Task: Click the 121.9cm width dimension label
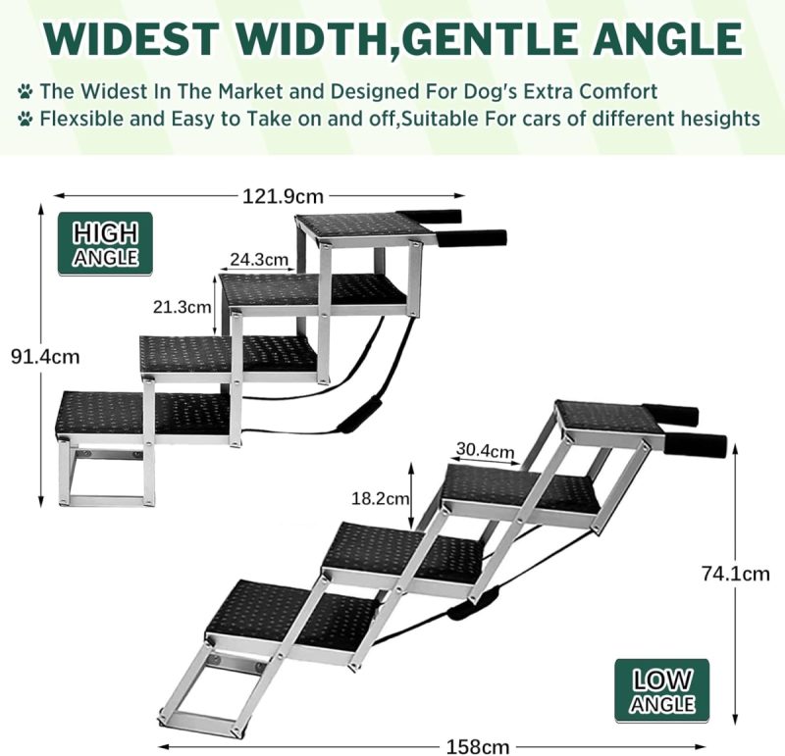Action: [283, 196]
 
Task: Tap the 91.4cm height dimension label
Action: [45, 357]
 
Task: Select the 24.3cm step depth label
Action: [259, 259]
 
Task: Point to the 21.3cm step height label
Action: [182, 307]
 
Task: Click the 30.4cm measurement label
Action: [485, 450]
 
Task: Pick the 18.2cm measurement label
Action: [381, 498]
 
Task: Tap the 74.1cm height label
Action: [735, 574]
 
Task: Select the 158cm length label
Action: [478, 747]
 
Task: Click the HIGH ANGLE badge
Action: [105, 243]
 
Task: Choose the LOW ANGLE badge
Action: [661, 691]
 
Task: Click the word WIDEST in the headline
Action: [131, 38]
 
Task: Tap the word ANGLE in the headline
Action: [668, 38]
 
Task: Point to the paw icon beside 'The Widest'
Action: [26, 91]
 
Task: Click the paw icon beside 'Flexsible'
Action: [26, 119]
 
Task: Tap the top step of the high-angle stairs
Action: [363, 228]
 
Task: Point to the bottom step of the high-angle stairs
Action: [143, 414]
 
